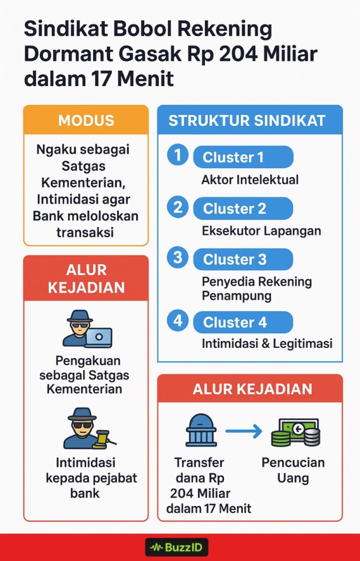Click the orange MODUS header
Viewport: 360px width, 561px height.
tap(86, 121)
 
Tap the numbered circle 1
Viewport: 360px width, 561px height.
tap(178, 156)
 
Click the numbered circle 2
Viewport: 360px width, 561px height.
tap(178, 208)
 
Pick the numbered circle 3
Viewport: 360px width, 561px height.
tap(178, 258)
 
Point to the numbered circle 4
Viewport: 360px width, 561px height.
tap(178, 321)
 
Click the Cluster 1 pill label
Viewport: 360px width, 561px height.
tap(243, 157)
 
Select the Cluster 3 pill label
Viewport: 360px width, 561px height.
tap(243, 259)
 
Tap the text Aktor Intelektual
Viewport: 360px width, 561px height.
tap(250, 179)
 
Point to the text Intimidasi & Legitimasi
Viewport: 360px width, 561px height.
tap(267, 344)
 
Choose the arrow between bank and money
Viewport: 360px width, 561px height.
tap(244, 432)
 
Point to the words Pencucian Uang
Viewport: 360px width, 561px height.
tap(293, 470)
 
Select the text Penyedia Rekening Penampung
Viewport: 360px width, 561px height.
tap(256, 289)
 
